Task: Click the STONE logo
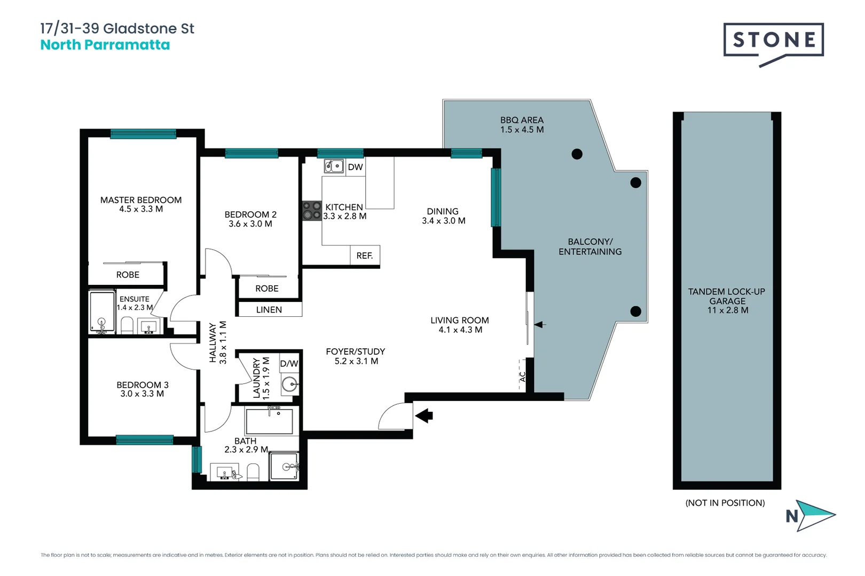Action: (773, 41)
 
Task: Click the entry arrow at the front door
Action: (424, 415)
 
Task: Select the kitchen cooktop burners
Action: (312, 211)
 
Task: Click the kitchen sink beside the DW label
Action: (334, 166)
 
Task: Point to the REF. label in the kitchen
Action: (365, 256)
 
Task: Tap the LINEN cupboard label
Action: (269, 310)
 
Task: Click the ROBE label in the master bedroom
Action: (128, 275)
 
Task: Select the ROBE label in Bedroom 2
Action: (266, 289)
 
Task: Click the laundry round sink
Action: (289, 384)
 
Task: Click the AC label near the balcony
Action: (523, 377)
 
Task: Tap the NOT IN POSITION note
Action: (725, 503)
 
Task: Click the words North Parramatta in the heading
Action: (105, 45)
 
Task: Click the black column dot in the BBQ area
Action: (577, 154)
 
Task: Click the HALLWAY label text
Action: (213, 343)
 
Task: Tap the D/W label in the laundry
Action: (289, 364)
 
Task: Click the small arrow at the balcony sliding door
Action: (540, 324)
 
